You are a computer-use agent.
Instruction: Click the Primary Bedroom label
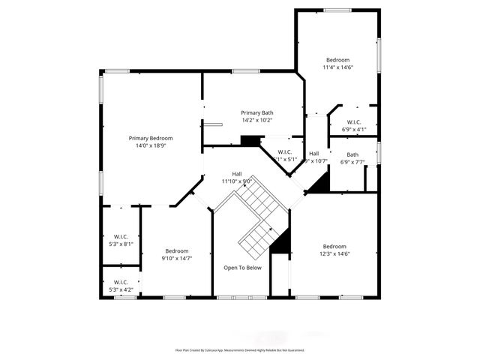(x=151, y=138)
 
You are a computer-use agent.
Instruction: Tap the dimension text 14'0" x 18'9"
(x=151, y=146)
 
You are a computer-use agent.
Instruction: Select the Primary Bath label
(x=256, y=112)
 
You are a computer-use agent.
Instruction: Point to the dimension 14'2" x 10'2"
(x=256, y=120)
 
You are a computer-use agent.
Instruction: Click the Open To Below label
(x=243, y=268)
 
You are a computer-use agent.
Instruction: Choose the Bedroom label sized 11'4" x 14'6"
(x=337, y=60)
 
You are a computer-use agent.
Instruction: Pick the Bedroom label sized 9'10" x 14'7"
(x=177, y=250)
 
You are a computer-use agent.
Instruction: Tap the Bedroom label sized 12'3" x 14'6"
(x=334, y=246)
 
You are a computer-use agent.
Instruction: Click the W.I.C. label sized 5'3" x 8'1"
(x=121, y=236)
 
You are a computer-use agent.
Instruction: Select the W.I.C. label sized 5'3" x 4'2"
(x=121, y=282)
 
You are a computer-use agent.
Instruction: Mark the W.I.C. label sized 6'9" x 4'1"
(x=354, y=122)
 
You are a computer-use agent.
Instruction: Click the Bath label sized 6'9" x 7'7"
(x=352, y=154)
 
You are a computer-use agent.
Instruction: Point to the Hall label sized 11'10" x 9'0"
(x=237, y=173)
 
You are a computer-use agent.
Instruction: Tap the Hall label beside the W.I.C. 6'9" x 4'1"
(x=314, y=153)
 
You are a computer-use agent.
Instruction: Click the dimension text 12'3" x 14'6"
(x=334, y=253)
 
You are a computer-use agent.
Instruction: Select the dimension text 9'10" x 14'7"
(x=177, y=259)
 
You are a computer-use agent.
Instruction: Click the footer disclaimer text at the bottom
(x=240, y=349)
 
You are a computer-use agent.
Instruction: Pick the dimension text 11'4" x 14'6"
(x=337, y=67)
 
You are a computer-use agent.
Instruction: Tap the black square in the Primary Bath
(x=250, y=140)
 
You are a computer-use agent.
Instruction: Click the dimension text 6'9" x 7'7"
(x=352, y=162)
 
